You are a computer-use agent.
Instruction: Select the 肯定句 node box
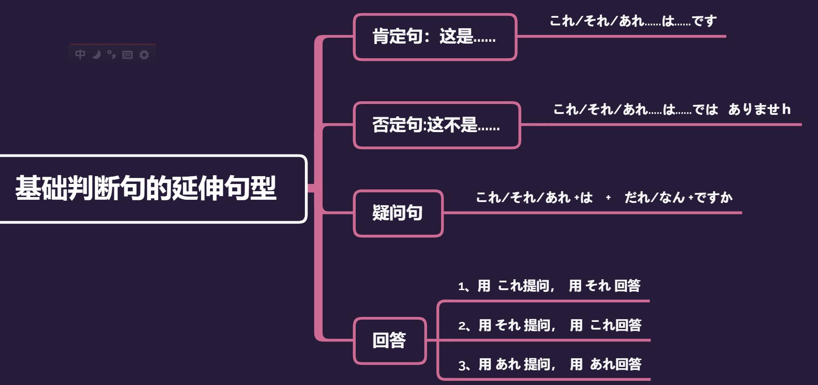(435, 37)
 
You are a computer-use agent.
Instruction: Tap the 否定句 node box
(436, 125)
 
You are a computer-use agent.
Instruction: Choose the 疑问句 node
(398, 213)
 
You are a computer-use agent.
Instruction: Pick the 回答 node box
(389, 341)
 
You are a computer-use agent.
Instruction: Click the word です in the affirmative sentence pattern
(704, 21)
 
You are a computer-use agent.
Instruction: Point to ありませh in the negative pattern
(759, 109)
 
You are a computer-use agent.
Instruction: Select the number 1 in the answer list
(461, 287)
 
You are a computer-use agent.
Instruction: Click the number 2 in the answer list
(462, 326)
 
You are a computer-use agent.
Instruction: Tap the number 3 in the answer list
(462, 365)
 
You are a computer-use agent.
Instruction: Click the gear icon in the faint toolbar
(144, 55)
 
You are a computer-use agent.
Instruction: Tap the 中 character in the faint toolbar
(80, 54)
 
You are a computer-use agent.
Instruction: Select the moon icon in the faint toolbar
(96, 54)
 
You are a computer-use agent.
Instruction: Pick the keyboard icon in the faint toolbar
(127, 55)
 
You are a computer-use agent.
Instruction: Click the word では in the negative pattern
(705, 109)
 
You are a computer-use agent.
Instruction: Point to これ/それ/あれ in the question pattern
(523, 197)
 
